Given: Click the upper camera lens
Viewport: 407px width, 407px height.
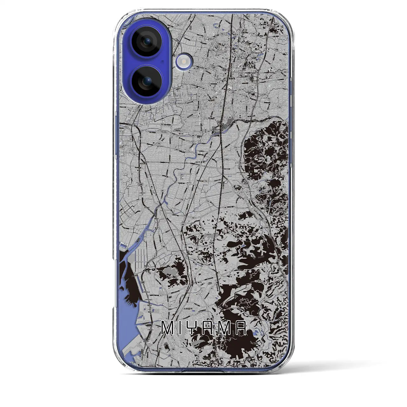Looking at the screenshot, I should point(147,41).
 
